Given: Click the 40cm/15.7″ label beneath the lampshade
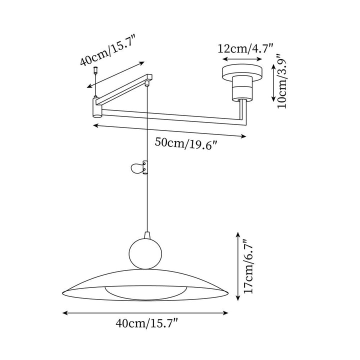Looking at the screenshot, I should [147, 324].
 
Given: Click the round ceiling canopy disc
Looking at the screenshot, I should [242, 70].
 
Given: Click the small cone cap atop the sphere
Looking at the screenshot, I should [146, 234].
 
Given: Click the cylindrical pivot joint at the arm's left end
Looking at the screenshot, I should [96, 107].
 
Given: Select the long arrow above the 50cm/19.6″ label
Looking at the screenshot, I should [170, 131].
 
